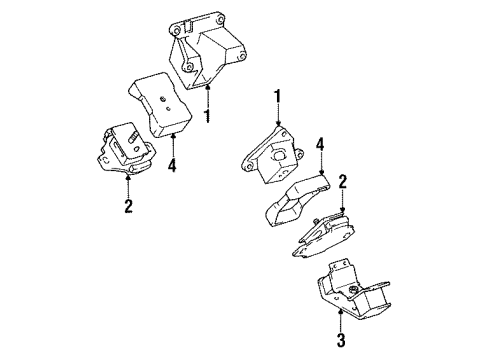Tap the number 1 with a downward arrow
click(x=279, y=97)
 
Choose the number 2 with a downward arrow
click(x=342, y=182)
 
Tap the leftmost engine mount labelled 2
click(x=122, y=151)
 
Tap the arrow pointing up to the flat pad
click(x=172, y=144)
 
